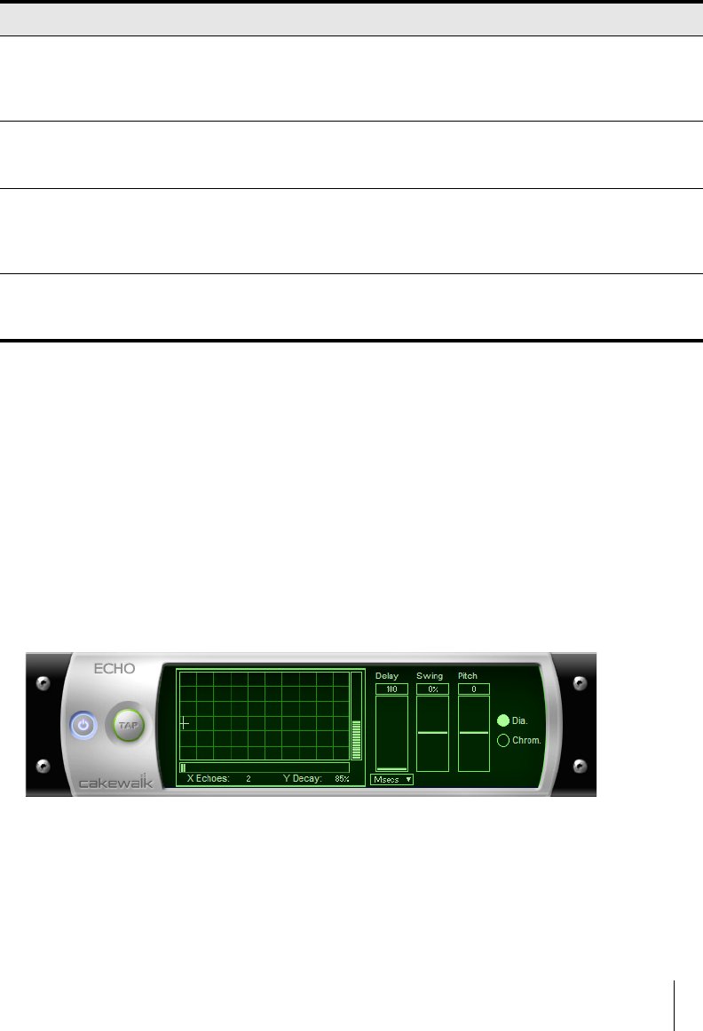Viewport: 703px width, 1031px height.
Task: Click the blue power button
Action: tap(83, 725)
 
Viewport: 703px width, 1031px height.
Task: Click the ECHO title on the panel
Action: tap(115, 669)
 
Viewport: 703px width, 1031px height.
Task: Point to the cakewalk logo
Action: tap(115, 783)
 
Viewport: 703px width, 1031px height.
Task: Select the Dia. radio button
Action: tap(503, 720)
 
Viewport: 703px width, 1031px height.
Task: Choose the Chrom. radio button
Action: tap(503, 740)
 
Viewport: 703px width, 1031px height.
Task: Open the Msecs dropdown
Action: tap(391, 779)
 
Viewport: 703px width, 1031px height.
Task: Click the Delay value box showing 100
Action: tap(391, 689)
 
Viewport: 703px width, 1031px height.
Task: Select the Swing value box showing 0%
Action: tap(432, 689)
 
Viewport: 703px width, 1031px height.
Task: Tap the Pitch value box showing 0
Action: tap(474, 689)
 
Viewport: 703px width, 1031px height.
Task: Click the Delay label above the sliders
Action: tap(387, 676)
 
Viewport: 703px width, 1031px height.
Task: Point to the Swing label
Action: tap(430, 676)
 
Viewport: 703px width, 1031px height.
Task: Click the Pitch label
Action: tap(468, 676)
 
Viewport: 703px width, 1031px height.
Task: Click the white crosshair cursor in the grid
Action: tap(185, 723)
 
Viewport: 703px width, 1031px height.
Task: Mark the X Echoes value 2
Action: tap(249, 778)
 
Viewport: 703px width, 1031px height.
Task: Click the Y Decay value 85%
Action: tap(342, 778)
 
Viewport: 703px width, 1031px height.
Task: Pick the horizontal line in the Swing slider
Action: tap(432, 733)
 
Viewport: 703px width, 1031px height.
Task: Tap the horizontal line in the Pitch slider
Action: tap(474, 733)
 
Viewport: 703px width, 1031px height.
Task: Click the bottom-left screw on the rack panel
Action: tap(41, 766)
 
